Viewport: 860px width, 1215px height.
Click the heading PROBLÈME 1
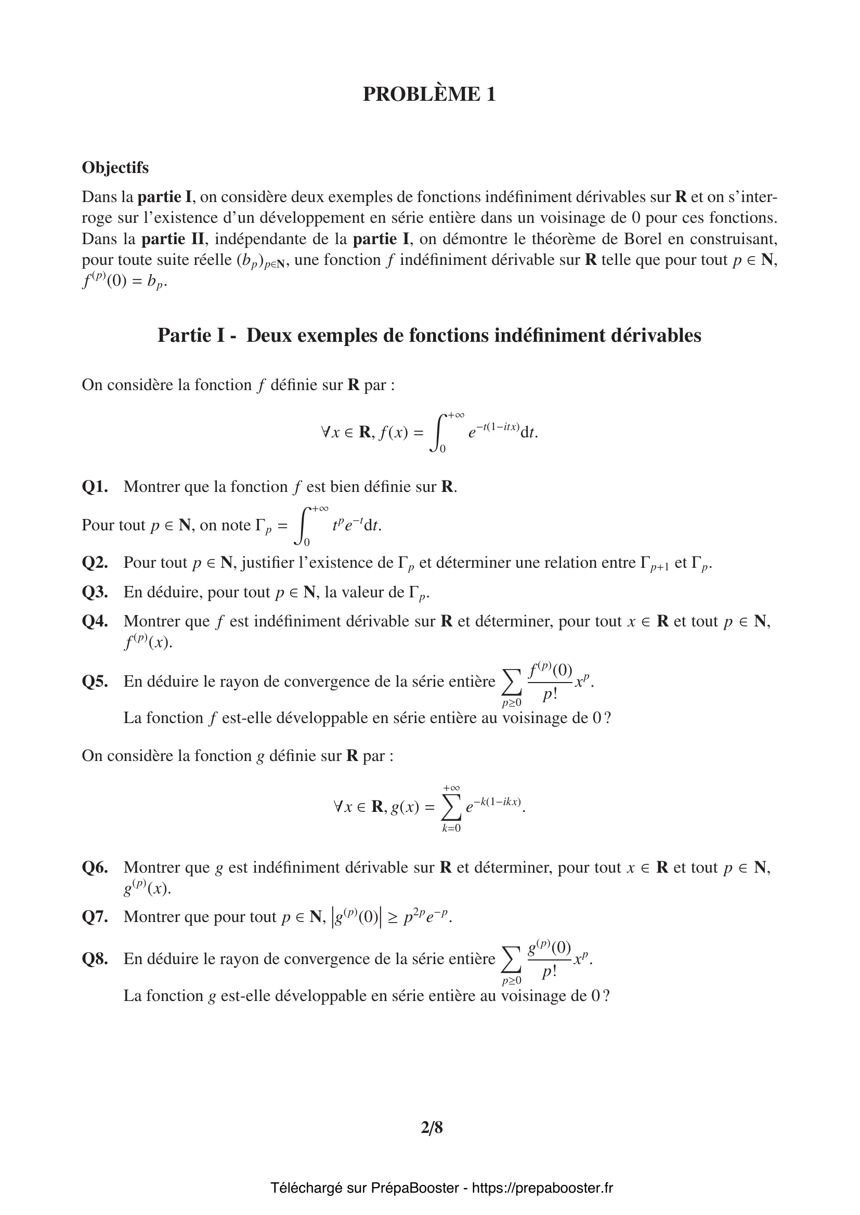coord(429,94)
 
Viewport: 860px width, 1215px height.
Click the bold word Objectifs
coord(115,168)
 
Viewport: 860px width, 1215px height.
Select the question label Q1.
coord(95,487)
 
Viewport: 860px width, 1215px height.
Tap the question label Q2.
coord(95,563)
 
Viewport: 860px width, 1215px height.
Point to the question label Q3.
coord(95,592)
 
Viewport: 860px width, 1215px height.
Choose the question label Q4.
coord(95,621)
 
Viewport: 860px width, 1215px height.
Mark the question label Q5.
coord(95,682)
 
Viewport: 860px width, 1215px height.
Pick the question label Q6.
coord(95,867)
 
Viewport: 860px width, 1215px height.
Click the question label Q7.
coord(95,916)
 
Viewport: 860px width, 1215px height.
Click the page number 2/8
coord(432,1128)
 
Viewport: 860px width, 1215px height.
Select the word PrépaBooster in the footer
coord(414,1188)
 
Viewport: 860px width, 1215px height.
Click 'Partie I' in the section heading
coord(191,336)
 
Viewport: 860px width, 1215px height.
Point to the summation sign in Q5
coord(511,683)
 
